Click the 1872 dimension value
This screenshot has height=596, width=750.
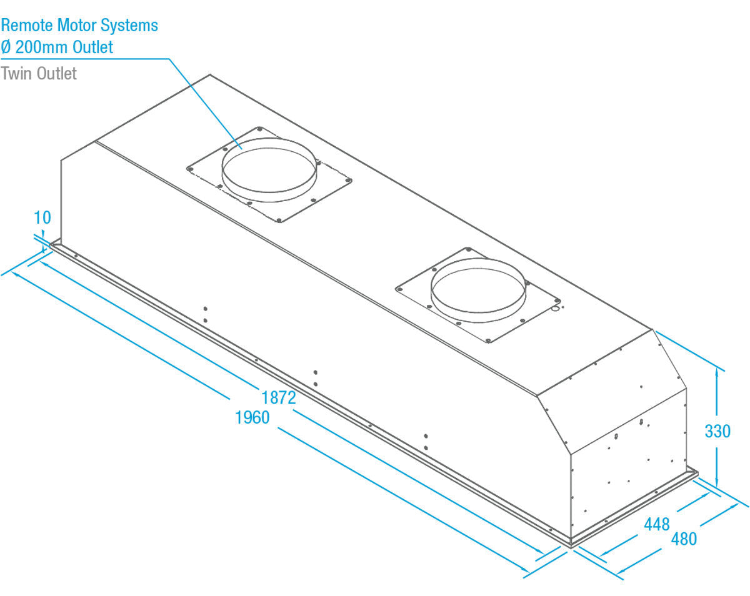point(278,398)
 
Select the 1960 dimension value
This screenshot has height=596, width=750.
point(252,417)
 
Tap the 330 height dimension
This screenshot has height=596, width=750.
point(717,431)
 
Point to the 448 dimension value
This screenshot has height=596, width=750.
point(657,524)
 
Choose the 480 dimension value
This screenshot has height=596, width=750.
point(684,539)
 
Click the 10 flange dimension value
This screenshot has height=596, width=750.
point(42,217)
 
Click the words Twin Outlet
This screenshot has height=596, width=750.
point(39,73)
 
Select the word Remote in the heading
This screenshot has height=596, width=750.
point(27,26)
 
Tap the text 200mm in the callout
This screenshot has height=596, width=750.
point(42,47)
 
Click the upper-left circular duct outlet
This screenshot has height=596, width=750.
point(269,170)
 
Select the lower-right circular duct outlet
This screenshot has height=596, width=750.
point(478,291)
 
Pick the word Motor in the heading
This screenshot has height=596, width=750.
point(78,26)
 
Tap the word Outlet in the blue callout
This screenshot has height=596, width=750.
point(94,47)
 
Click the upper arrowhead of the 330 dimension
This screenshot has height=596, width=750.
point(717,372)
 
